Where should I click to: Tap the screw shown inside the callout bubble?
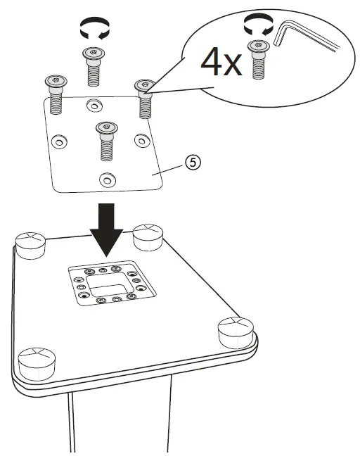tap(258, 60)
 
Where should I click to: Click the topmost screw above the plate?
tap(92, 65)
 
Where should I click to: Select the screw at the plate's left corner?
tap(54, 93)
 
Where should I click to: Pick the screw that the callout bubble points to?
tap(144, 97)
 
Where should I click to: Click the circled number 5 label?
tap(191, 161)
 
